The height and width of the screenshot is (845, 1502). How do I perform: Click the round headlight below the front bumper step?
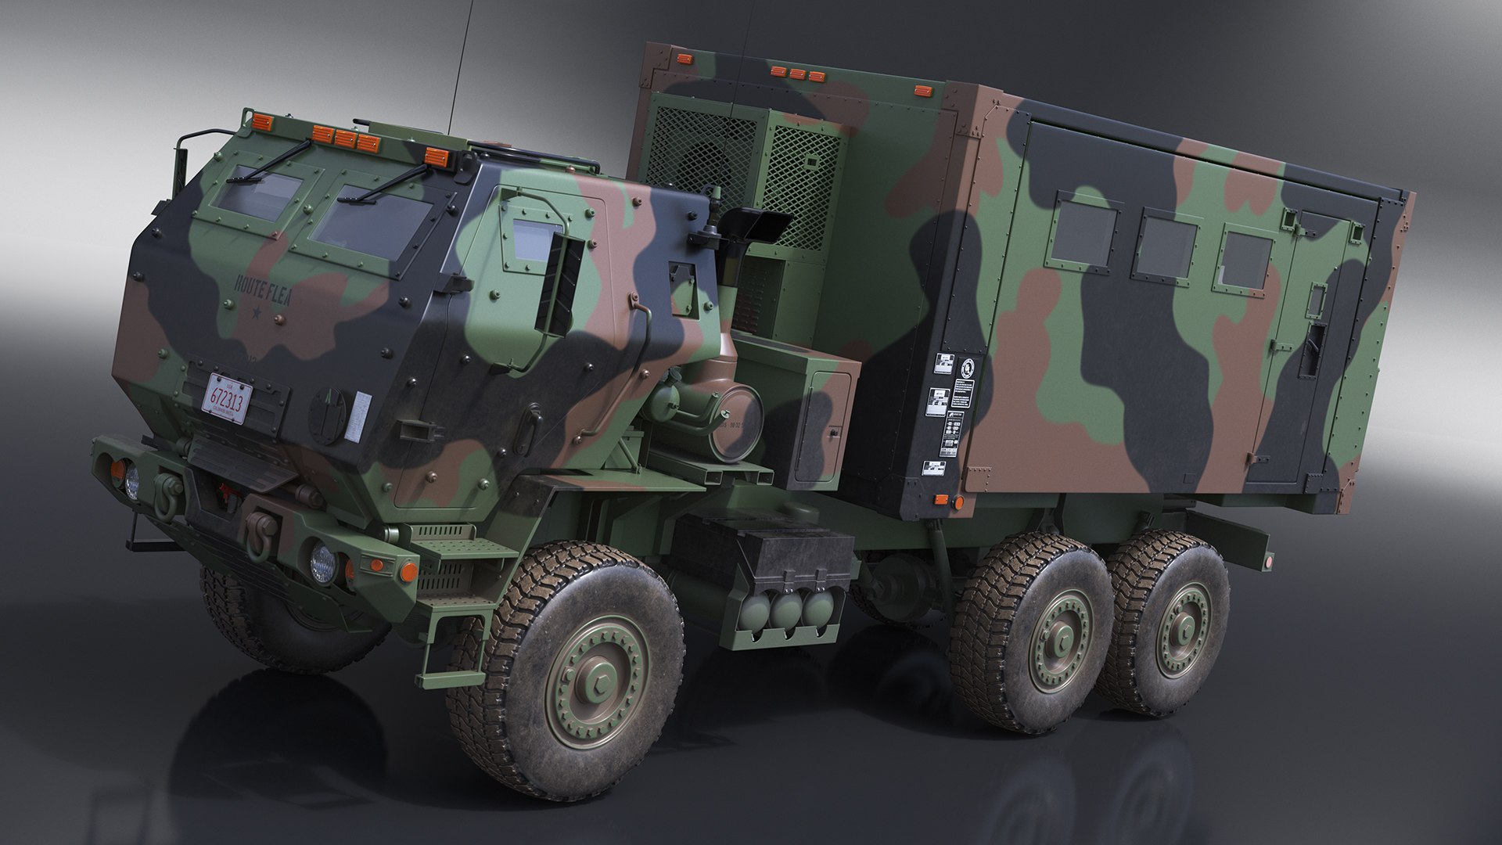[322, 560]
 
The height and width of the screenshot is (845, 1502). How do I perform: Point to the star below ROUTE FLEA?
[258, 317]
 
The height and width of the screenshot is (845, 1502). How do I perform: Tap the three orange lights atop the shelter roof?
[796, 74]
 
